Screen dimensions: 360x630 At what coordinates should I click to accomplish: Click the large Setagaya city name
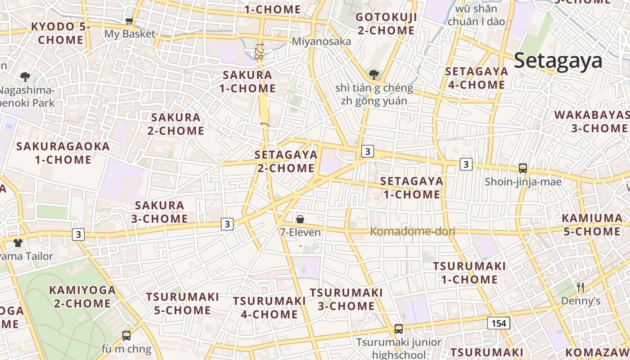pyautogui.click(x=558, y=60)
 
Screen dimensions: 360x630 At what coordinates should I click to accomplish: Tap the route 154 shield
pyautogui.click(x=499, y=323)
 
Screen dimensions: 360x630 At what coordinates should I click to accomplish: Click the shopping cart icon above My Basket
pyautogui.click(x=129, y=21)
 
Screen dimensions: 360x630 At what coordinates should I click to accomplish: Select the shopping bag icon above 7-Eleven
pyautogui.click(x=300, y=219)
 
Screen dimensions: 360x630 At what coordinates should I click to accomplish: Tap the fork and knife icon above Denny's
pyautogui.click(x=580, y=287)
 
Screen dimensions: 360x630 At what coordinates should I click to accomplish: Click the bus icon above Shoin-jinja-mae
pyautogui.click(x=522, y=168)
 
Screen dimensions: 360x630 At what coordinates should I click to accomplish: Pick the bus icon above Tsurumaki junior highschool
pyautogui.click(x=398, y=329)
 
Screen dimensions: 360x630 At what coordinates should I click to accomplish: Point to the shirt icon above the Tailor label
pyautogui.click(x=18, y=243)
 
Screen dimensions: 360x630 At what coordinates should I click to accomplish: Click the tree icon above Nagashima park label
pyautogui.click(x=25, y=76)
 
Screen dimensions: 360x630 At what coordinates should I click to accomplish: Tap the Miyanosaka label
pyautogui.click(x=321, y=41)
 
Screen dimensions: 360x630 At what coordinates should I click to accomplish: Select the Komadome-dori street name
pyautogui.click(x=412, y=232)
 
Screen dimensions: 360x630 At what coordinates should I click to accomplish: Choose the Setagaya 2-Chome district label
pyautogui.click(x=286, y=162)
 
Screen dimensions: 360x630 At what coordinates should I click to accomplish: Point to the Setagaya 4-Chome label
pyautogui.click(x=477, y=78)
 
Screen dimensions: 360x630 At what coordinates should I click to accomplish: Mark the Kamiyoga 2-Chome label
pyautogui.click(x=82, y=297)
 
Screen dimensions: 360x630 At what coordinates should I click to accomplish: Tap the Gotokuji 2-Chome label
pyautogui.click(x=386, y=24)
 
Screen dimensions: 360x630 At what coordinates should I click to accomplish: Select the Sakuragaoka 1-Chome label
pyautogui.click(x=63, y=153)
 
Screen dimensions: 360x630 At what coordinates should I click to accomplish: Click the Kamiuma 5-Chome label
pyautogui.click(x=592, y=225)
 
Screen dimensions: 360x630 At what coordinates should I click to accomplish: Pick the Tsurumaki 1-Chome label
pyautogui.click(x=469, y=273)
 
